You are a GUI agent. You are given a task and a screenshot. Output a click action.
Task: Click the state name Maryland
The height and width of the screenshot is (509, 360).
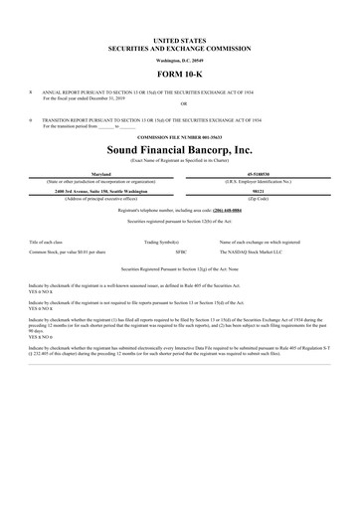pyautogui.click(x=100, y=172)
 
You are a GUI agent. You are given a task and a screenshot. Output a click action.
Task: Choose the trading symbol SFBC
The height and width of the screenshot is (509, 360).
pyautogui.click(x=181, y=253)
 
